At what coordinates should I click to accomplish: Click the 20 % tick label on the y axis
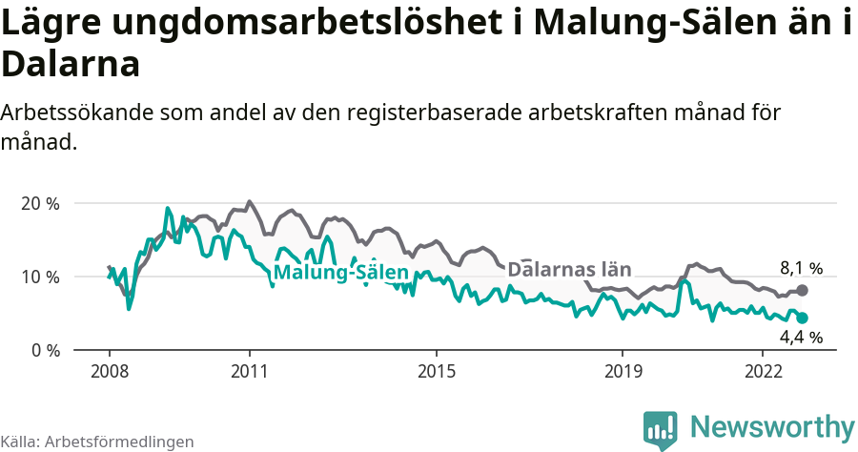(39, 203)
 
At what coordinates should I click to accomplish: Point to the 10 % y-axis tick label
(39, 277)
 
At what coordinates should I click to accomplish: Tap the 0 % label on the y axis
(44, 350)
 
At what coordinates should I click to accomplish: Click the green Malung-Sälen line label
(340, 273)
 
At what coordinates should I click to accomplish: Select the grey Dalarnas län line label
(570, 269)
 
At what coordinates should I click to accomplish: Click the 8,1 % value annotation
(801, 268)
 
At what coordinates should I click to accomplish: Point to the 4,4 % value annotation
(801, 337)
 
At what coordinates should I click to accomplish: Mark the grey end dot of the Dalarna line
(803, 290)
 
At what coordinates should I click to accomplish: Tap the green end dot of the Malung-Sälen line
(803, 318)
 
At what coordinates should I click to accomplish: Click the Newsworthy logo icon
(660, 429)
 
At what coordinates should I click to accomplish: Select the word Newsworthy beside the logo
(772, 426)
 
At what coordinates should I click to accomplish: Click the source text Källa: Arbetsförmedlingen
(97, 442)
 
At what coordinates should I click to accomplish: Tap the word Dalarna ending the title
(71, 64)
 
